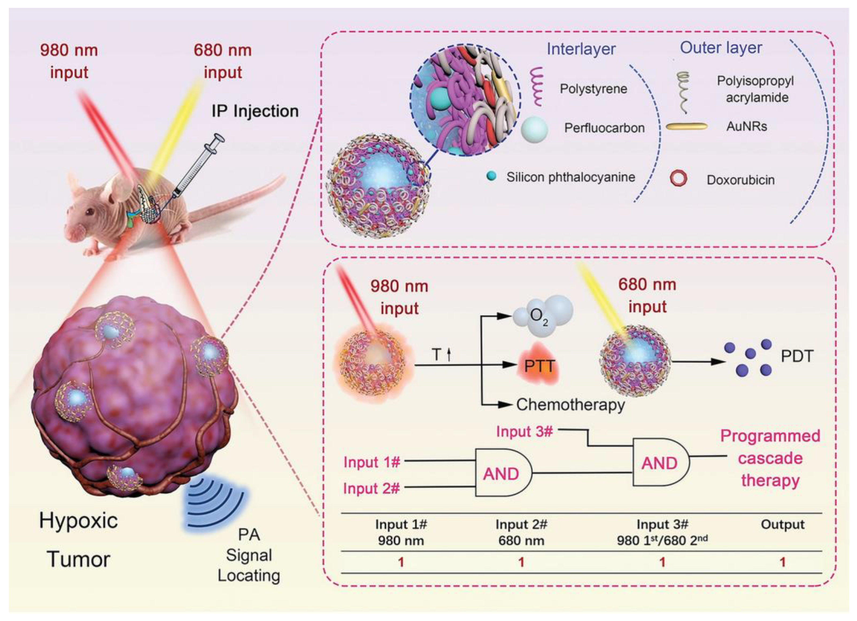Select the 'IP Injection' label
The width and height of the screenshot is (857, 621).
(255, 111)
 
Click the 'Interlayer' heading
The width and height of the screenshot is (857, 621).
(581, 49)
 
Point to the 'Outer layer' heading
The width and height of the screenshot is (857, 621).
(721, 48)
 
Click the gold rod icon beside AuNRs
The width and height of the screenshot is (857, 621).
(686, 126)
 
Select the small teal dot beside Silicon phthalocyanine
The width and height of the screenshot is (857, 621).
(491, 176)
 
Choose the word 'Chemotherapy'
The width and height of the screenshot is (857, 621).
(571, 405)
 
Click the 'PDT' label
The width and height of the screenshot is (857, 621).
(797, 356)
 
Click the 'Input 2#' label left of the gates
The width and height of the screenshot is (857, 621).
(371, 488)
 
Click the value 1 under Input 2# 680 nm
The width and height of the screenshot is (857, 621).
(521, 562)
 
